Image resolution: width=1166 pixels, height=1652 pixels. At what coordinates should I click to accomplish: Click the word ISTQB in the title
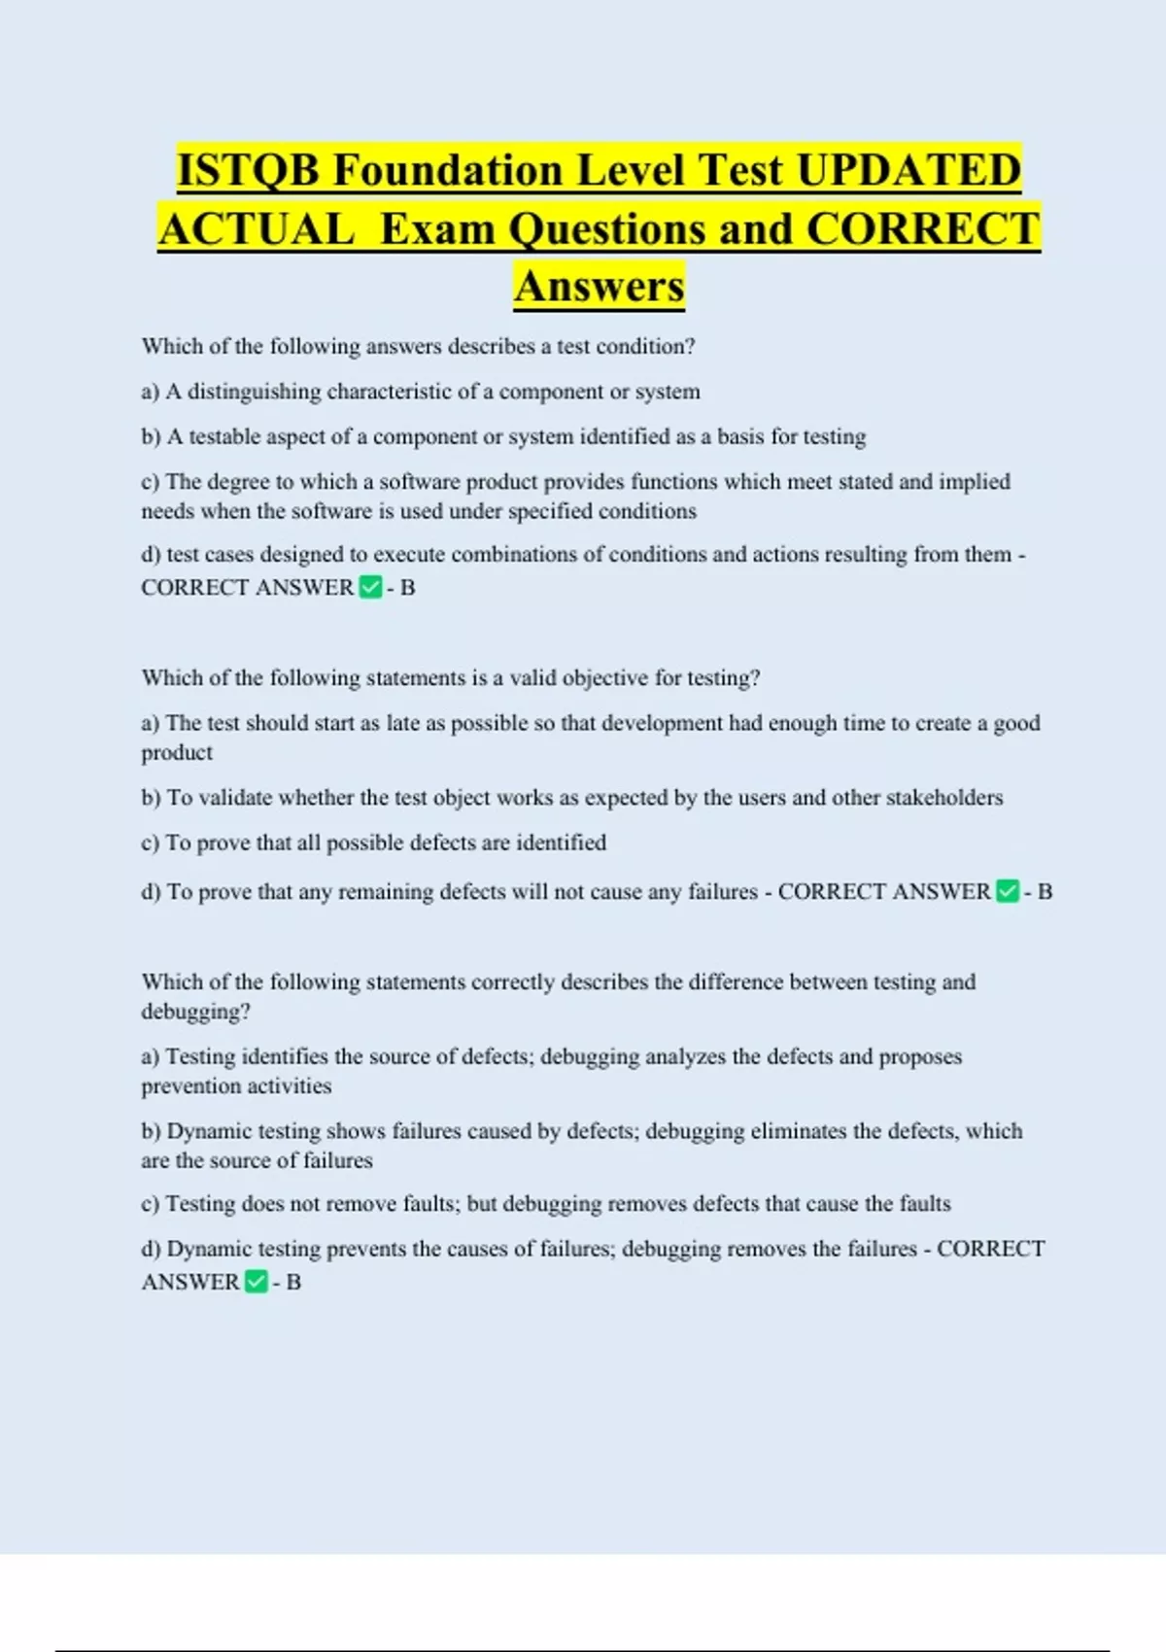click(248, 170)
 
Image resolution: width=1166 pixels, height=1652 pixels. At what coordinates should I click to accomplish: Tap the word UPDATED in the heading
click(909, 170)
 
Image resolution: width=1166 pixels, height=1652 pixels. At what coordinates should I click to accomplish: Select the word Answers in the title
click(600, 286)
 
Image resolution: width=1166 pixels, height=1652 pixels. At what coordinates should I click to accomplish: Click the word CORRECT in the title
click(923, 229)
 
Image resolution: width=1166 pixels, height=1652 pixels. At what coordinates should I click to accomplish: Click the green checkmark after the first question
click(370, 587)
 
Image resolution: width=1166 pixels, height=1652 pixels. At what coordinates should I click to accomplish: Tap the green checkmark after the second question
click(1008, 891)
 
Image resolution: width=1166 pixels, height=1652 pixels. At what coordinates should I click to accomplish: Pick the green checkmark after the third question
click(257, 1282)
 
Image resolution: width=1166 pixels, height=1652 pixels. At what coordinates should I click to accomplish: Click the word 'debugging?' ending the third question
click(195, 1012)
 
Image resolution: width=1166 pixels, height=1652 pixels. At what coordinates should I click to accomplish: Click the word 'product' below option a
click(177, 753)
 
